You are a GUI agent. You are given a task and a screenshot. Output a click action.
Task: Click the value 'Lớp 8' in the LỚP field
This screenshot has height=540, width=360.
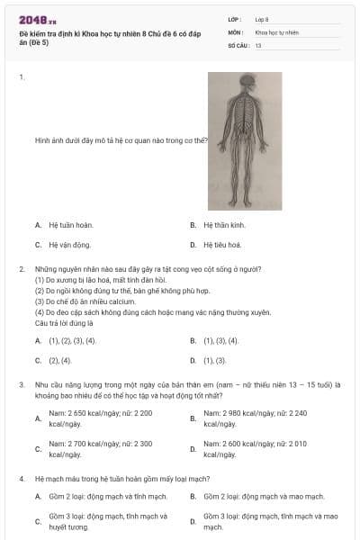coord(262,19)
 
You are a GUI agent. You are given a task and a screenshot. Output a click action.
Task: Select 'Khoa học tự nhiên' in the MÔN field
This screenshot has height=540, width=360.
coord(278,31)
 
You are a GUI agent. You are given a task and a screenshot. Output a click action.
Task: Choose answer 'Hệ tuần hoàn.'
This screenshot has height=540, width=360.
coord(70,225)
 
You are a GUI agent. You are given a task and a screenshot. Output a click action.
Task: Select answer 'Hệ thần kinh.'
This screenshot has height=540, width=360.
coord(225,225)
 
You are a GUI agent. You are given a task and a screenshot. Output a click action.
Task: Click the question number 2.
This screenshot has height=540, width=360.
coord(22,268)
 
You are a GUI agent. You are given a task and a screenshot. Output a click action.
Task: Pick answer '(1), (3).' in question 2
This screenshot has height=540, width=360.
coord(215,360)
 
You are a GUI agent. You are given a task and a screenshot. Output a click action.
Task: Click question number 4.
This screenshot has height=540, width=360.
coord(22,479)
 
